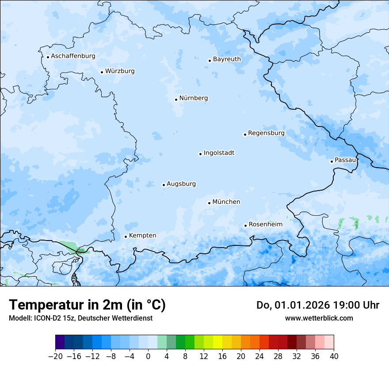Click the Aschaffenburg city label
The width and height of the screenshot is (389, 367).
point(73,56)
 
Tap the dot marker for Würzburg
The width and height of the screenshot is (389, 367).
point(102,72)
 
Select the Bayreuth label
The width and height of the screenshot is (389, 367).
point(227,59)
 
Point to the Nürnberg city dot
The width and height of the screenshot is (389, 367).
point(176,99)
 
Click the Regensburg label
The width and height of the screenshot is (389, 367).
point(266,133)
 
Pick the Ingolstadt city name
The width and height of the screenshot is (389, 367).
point(219,153)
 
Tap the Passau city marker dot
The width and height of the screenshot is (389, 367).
point(332,161)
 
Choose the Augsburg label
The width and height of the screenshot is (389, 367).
point(181,183)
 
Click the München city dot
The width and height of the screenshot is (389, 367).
point(209,203)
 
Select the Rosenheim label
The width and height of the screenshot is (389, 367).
point(265,224)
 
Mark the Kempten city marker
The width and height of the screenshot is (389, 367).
point(126,237)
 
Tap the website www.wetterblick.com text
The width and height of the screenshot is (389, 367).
point(319,318)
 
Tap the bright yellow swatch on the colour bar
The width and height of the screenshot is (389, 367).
point(217,342)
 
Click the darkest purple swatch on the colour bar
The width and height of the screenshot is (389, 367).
point(60,342)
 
